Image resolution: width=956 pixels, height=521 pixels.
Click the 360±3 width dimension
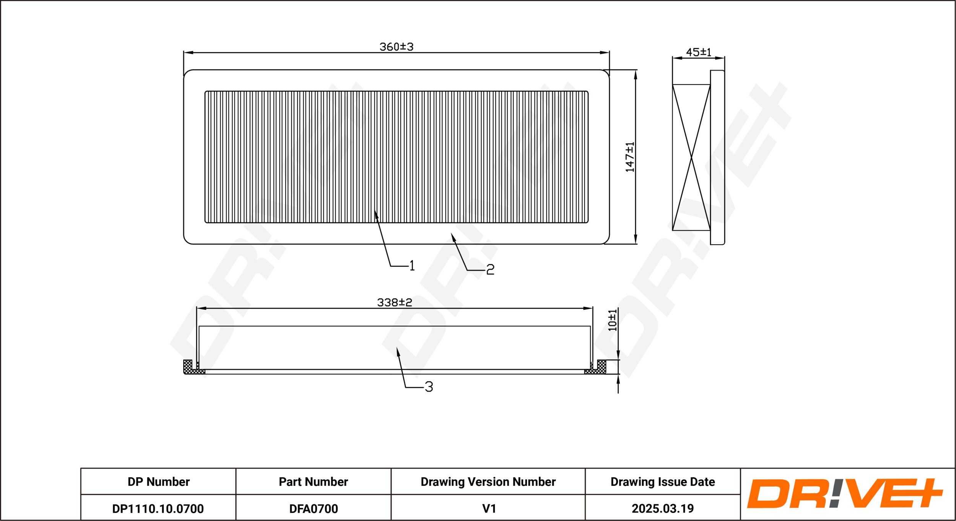(x=396, y=47)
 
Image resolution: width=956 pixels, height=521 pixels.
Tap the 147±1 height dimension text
(x=630, y=157)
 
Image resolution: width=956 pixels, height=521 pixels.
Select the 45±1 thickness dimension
(x=699, y=52)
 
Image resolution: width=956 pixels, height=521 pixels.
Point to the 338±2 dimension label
(x=395, y=302)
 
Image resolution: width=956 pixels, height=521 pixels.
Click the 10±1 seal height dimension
(x=613, y=320)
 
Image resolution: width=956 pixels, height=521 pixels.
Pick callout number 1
(x=412, y=265)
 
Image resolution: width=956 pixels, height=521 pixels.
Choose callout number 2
(x=490, y=269)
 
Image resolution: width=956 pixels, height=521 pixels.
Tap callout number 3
(x=429, y=387)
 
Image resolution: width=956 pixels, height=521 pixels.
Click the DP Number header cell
(x=158, y=482)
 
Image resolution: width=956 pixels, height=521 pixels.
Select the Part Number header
(x=313, y=482)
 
